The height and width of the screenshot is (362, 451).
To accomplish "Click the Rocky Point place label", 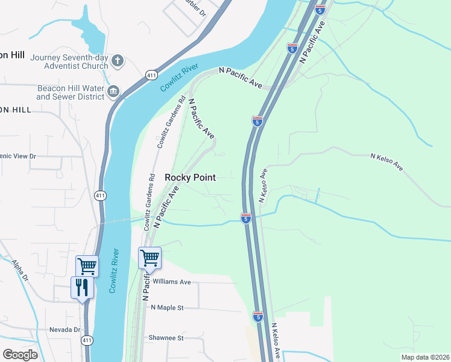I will (x=190, y=177).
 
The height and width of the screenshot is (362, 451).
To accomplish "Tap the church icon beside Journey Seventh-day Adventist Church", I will (x=118, y=60).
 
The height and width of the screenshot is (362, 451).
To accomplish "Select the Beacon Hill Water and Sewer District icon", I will (x=113, y=92).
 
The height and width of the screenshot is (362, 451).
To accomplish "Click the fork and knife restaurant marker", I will (x=83, y=287).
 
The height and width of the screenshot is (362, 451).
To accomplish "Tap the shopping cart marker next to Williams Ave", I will (x=150, y=258).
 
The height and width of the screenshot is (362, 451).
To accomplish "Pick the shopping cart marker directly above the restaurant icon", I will (x=87, y=265).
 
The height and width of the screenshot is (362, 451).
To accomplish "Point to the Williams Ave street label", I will (x=172, y=282).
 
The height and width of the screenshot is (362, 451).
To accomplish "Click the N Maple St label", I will (x=167, y=308).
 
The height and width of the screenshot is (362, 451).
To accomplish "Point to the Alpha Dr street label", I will (x=19, y=271).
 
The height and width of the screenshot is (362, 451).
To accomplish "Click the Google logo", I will (x=20, y=354).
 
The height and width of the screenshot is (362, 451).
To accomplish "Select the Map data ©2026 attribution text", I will (x=424, y=357).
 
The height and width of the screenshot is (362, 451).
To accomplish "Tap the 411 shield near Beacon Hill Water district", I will (x=151, y=74).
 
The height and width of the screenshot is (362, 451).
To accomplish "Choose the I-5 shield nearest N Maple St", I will (x=258, y=316).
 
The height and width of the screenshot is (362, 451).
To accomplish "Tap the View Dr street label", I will (x=18, y=156).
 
